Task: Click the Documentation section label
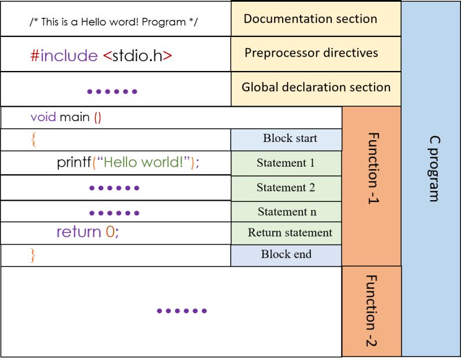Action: [310, 18]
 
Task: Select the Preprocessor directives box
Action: [312, 53]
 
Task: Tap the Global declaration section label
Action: [316, 88]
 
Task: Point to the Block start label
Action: [286, 138]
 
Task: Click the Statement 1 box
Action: [286, 163]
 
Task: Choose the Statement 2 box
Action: [286, 188]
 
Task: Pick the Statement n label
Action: [287, 212]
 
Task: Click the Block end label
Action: [286, 254]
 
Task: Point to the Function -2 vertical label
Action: [372, 310]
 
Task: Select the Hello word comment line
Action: [114, 22]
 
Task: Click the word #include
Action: [64, 55]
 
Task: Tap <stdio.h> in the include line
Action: [137, 55]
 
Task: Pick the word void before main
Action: [43, 118]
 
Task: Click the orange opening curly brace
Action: [33, 139]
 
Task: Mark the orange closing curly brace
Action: [33, 254]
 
